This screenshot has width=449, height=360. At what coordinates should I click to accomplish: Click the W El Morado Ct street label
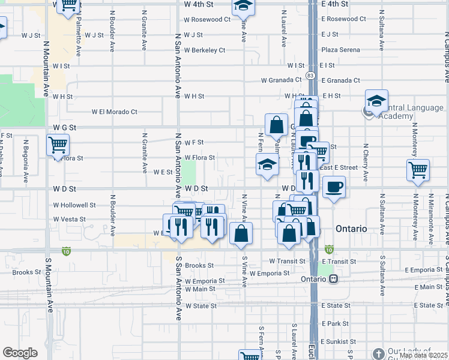click(114, 112)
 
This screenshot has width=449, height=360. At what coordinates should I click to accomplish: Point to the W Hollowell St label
click(74, 205)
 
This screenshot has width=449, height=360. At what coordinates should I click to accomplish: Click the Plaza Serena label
click(340, 50)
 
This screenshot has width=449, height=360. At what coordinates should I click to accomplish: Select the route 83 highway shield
click(310, 76)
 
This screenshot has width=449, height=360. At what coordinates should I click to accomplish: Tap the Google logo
click(19, 353)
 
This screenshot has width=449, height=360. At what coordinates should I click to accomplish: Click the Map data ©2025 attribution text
click(423, 355)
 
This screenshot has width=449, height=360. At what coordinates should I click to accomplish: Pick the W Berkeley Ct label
click(205, 50)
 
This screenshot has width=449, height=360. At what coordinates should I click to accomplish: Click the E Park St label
click(335, 323)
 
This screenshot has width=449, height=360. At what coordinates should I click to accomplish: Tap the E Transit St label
click(339, 262)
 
